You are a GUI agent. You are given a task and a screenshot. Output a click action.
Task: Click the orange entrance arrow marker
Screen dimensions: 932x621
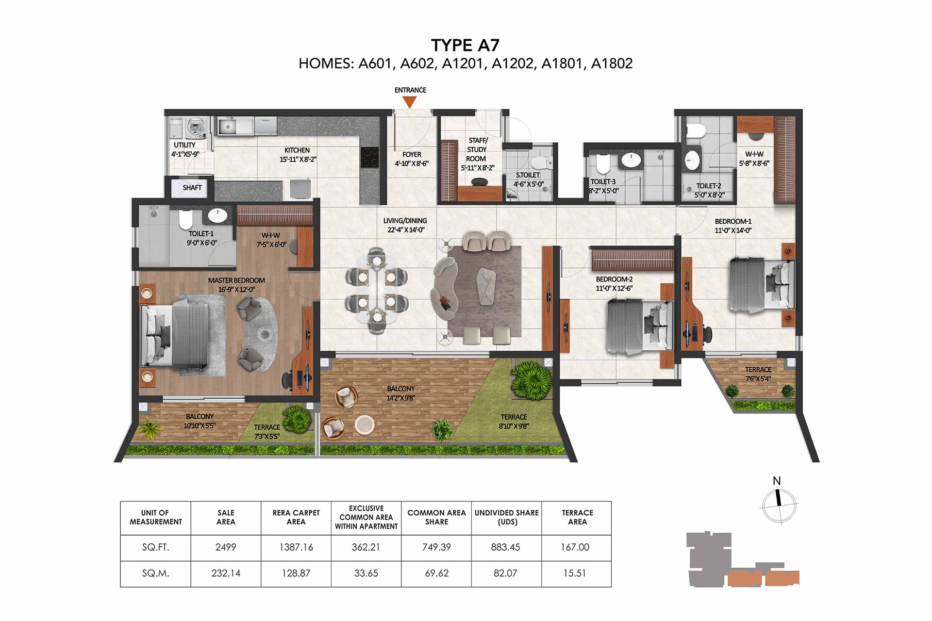coord(410,102)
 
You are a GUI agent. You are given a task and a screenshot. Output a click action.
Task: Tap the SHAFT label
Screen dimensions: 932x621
coord(192,188)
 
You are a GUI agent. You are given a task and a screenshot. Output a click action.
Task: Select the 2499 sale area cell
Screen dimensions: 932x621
coord(226,547)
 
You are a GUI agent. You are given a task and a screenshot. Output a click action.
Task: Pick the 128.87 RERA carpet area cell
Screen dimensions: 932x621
coord(296,573)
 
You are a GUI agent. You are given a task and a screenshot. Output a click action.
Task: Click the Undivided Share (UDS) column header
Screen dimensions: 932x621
coord(507,517)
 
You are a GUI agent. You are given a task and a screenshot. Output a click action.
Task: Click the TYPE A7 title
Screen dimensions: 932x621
coord(465,45)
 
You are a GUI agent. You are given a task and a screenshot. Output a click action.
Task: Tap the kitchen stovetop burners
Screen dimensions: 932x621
coord(370,157)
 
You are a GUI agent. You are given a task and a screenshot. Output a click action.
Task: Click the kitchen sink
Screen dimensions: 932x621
coord(227,127)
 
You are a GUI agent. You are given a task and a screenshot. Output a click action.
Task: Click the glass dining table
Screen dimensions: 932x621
coord(377,289)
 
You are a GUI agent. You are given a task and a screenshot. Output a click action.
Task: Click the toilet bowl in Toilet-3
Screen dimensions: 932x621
coord(602,164)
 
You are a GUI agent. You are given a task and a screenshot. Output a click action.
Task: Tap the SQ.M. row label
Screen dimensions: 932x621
coord(156,573)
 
